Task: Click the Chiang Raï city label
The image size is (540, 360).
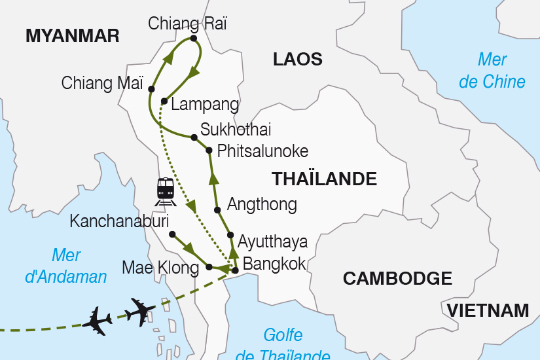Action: click(x=188, y=24)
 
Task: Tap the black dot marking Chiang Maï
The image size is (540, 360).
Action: click(x=151, y=88)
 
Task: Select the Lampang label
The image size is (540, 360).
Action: click(x=204, y=105)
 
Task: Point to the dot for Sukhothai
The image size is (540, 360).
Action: click(x=194, y=137)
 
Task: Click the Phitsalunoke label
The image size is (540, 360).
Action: click(x=262, y=151)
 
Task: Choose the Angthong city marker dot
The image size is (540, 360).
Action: click(x=217, y=210)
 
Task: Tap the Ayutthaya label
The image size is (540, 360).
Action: click(x=272, y=242)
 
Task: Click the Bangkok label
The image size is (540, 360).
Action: click(x=274, y=264)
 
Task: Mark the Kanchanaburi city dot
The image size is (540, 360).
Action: click(x=172, y=234)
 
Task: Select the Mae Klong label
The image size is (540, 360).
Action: click(x=160, y=267)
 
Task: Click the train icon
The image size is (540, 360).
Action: click(x=166, y=190)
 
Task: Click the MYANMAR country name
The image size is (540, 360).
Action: click(x=72, y=36)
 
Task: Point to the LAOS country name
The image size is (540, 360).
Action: click(x=298, y=60)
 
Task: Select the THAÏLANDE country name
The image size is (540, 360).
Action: click(x=324, y=179)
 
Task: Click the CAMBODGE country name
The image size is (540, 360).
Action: click(x=397, y=278)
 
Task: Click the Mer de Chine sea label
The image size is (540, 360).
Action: click(x=492, y=71)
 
